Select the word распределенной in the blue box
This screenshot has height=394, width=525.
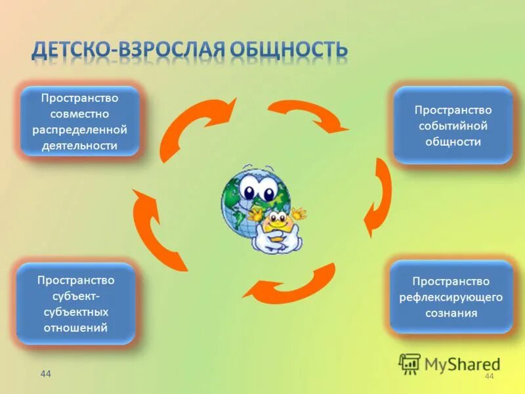coord(79,129)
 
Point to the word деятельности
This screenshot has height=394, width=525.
coord(79,146)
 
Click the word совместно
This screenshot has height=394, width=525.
coord(79,114)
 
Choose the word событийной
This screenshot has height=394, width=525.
coord(452,126)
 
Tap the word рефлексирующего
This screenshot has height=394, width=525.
coord(451,297)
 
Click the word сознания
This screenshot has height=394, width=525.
coord(451,313)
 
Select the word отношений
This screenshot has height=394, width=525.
coord(75,327)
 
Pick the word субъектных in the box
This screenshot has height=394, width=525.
coord(75,311)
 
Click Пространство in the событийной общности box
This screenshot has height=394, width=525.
coord(452,110)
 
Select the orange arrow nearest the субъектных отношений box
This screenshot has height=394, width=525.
coord(157,227)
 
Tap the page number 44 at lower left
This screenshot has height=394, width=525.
coord(45,374)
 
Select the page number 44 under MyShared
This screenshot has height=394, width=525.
coord(488,376)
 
